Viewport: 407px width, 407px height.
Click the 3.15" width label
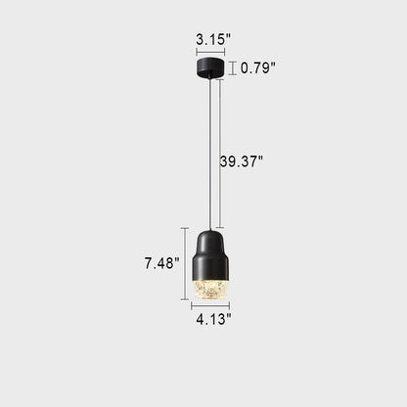213,39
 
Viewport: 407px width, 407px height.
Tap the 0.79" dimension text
258,68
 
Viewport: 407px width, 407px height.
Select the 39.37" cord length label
241,161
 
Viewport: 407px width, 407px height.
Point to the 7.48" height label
162,263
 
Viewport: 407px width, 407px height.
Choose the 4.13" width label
213,319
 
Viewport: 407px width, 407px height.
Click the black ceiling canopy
210,67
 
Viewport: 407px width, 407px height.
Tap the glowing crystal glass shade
210,290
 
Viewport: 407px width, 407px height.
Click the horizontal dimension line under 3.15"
210,52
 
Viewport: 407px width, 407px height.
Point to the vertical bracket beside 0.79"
232,68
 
